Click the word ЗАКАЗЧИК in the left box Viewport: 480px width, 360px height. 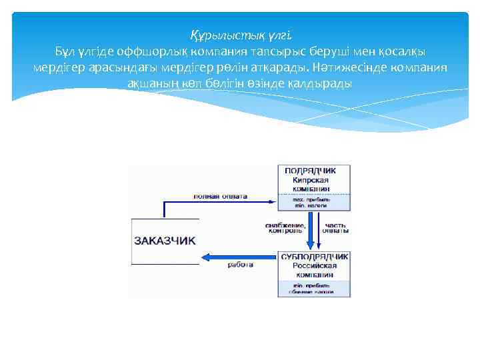point(165,241)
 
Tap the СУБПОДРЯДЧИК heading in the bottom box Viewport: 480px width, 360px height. point(314,256)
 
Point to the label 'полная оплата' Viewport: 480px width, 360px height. point(221,197)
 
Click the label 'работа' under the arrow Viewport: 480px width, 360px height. point(240,265)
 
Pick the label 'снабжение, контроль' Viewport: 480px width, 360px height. point(285,228)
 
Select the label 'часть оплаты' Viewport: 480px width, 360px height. point(336,228)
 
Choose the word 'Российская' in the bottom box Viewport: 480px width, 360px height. point(313,265)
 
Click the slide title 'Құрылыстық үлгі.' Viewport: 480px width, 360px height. point(240,35)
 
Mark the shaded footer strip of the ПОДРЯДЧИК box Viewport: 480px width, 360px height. point(314,203)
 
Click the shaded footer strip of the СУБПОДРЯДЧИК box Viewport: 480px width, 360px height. point(314,289)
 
